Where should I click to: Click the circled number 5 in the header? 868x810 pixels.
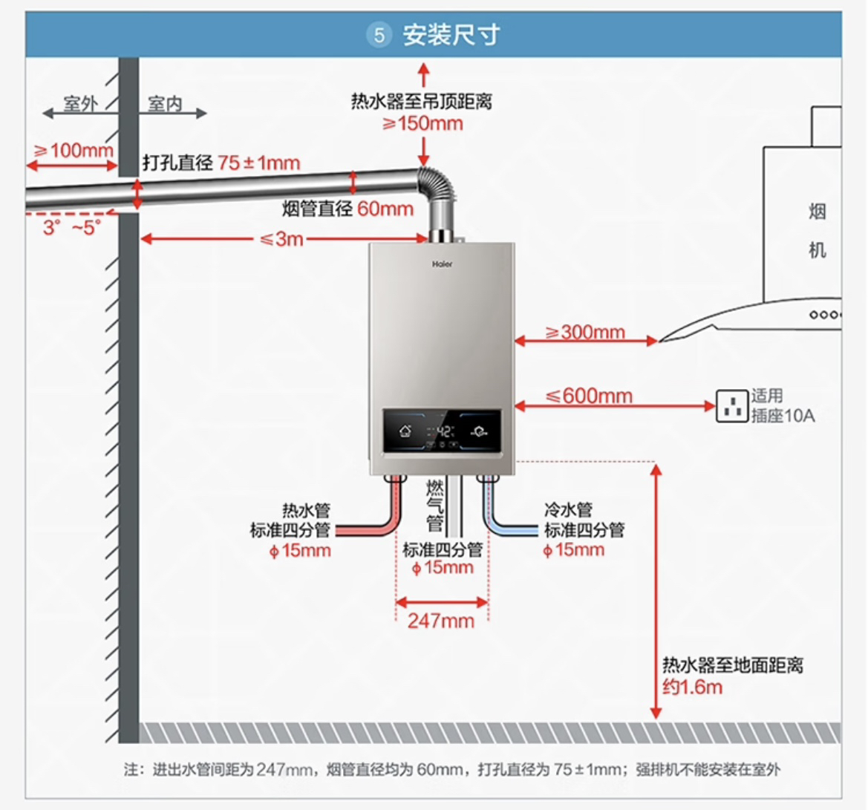379,35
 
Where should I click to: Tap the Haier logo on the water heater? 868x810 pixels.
442,264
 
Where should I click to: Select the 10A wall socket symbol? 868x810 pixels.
731,405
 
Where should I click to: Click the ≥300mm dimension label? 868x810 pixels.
585,332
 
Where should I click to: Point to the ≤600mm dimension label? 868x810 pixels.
590,396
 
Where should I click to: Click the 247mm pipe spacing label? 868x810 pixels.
440,620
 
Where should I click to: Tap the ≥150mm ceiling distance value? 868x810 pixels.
423,123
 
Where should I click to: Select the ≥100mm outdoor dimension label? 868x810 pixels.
73,150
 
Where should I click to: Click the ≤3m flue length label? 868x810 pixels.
281,239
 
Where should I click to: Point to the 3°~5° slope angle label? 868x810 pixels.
71,227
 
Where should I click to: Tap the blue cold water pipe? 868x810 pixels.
512,529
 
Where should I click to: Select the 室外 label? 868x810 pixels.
80,104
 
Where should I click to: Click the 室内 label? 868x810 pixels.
165,104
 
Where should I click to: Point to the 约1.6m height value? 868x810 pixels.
692,687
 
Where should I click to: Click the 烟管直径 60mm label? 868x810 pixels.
347,209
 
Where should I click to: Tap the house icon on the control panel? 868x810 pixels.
405,430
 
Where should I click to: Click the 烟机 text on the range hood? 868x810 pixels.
817,231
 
